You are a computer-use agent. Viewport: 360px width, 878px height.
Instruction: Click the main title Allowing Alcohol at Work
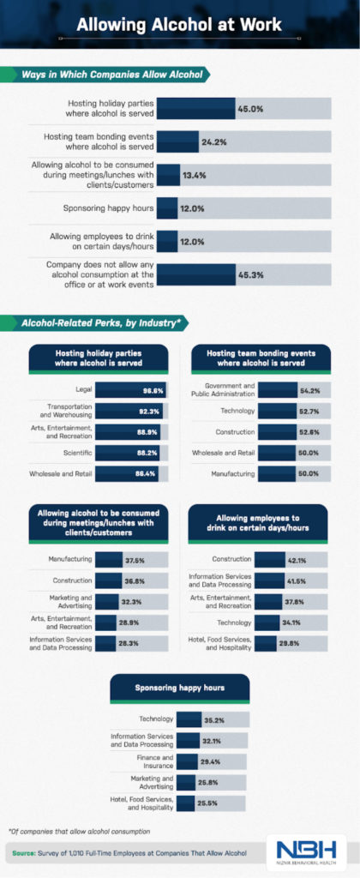[179, 26]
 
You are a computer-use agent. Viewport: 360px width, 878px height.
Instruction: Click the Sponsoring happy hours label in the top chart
[107, 207]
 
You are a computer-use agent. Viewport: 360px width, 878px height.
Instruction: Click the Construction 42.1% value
[297, 560]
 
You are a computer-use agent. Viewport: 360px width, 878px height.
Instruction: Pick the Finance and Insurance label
[151, 760]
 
